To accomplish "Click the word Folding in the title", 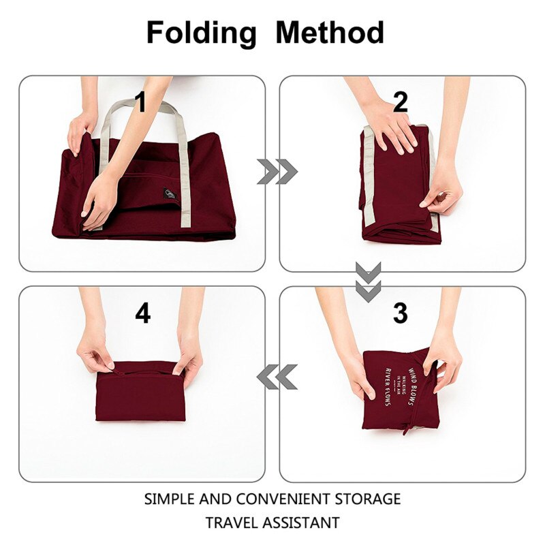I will pyautogui.click(x=202, y=33).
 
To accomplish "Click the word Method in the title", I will pyautogui.click(x=330, y=33).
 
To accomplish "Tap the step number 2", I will pyautogui.click(x=401, y=103).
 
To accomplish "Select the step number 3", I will pyautogui.click(x=401, y=313).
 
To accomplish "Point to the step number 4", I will pyautogui.click(x=142, y=313).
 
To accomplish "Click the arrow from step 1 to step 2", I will pyautogui.click(x=277, y=172).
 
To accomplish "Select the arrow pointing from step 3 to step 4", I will pyautogui.click(x=277, y=377).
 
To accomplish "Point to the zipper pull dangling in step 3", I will pyautogui.click(x=407, y=426).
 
